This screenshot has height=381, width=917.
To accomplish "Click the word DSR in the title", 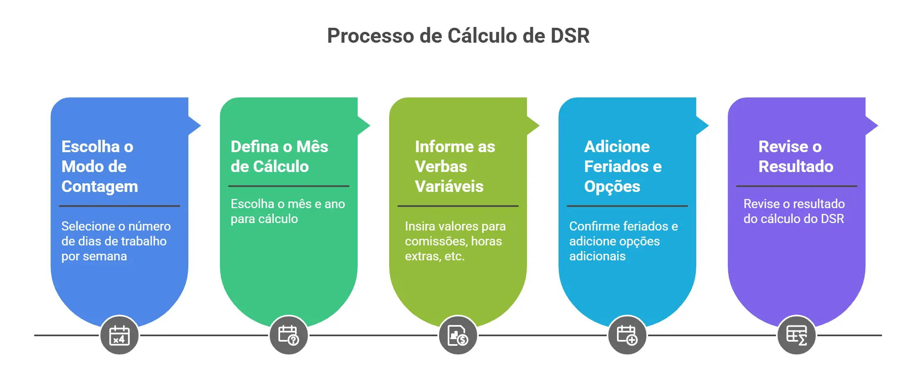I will (570, 36).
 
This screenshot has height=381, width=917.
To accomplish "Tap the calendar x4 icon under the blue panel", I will (119, 335).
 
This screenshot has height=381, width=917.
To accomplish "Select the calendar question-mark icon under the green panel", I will (288, 335).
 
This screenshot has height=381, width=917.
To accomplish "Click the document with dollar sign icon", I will (458, 335).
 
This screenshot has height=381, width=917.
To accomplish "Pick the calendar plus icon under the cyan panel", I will (627, 335).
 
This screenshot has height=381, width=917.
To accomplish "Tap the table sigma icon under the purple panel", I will (796, 335).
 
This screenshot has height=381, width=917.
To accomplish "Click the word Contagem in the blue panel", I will (100, 187).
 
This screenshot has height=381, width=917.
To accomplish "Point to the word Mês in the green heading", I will (312, 147).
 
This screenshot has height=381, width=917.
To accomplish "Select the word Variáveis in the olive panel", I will (449, 187).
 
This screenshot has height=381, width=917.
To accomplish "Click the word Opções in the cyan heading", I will (612, 187).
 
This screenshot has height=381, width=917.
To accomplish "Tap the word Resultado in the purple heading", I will (795, 167).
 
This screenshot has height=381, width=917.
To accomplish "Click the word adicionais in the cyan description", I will (597, 256).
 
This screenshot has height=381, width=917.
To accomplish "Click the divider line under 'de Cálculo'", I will (288, 186).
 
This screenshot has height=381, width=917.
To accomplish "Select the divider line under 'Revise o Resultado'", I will (796, 186).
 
